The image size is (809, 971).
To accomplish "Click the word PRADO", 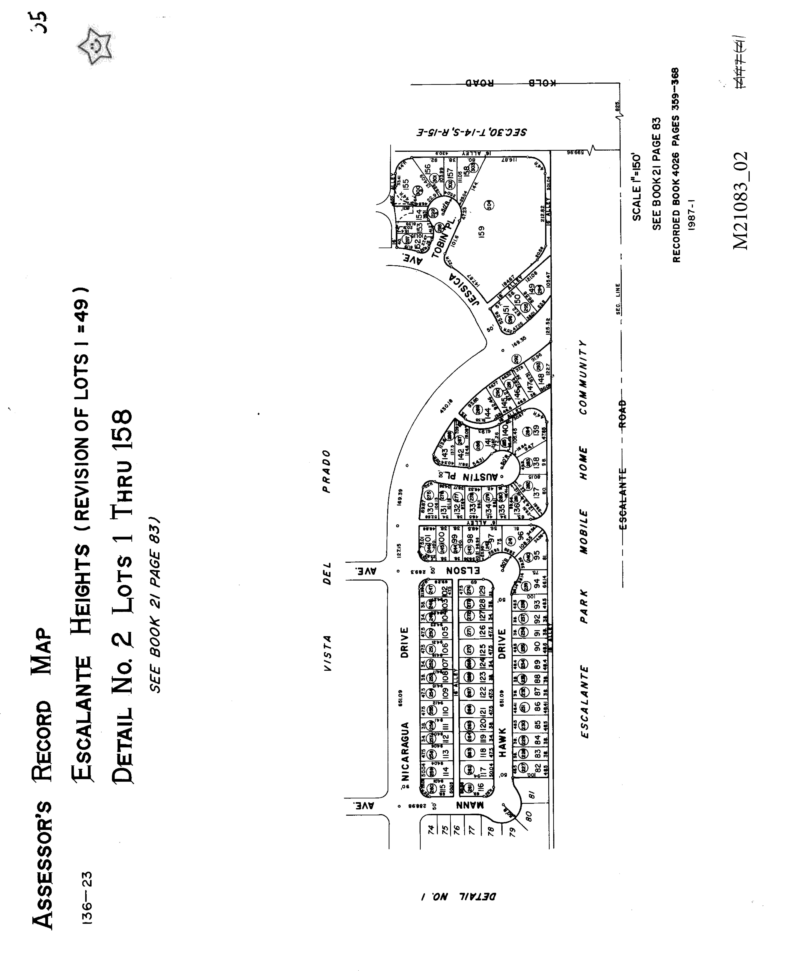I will [x=327, y=472].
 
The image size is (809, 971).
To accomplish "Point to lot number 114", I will [x=445, y=771].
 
